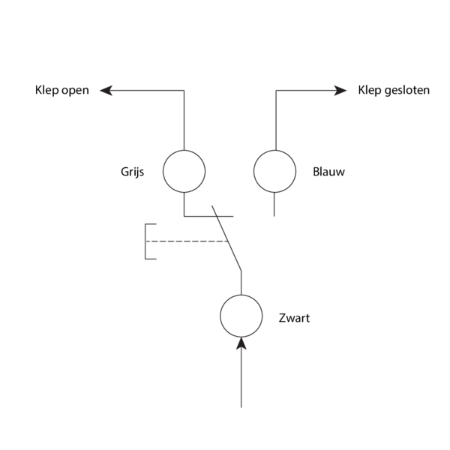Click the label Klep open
tap(61, 91)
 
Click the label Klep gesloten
tap(393, 91)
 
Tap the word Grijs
tap(132, 172)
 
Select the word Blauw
tap(328, 172)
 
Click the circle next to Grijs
tap(184, 171)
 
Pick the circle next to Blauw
tap(274, 171)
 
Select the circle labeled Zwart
tap(241, 316)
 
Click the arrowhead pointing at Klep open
tap(106, 91)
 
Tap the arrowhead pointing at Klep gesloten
tap(341, 91)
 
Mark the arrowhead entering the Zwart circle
tap(241, 343)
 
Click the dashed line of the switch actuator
tap(187, 241)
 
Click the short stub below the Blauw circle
tap(274, 204)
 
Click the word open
tap(75, 91)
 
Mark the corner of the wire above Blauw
tap(276, 91)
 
